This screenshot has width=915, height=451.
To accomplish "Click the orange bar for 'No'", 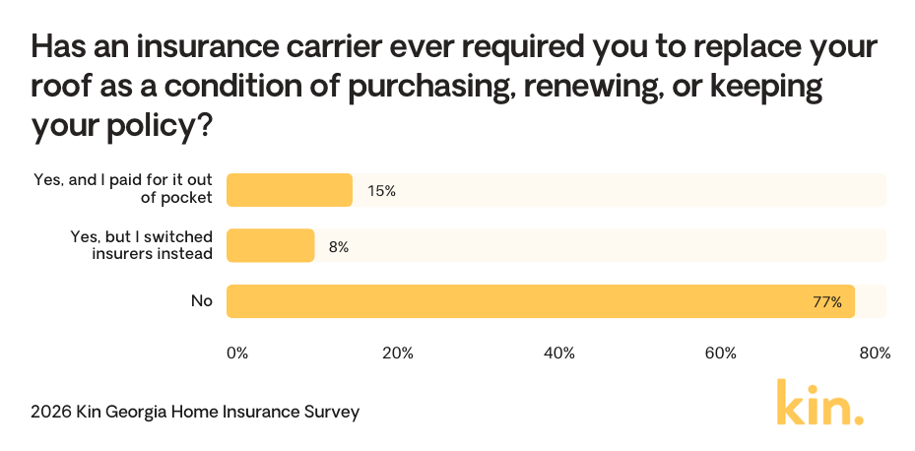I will point(540,301).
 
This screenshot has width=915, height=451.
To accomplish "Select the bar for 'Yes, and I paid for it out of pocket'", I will point(290,190).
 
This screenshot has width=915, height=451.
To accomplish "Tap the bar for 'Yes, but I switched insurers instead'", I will point(271,246).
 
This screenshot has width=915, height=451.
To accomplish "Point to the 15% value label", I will point(381,191).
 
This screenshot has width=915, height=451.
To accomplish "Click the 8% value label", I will point(339,247).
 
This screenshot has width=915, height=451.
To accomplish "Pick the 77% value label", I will point(827,302).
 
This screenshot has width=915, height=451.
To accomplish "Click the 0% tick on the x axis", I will point(237,353).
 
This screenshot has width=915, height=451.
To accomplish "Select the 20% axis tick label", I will point(398,353).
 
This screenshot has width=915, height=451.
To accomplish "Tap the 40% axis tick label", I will point(559,353).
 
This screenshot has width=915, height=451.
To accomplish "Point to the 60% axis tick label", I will point(721,353).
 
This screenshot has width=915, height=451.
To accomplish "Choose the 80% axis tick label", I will point(875,353).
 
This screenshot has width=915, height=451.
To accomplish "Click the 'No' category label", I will point(202,301).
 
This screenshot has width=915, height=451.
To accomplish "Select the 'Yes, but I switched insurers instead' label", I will point(141,246).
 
